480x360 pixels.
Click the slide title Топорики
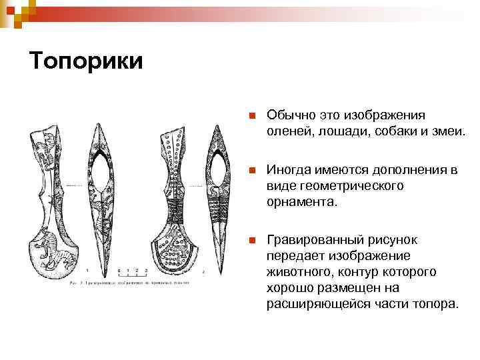(86, 61)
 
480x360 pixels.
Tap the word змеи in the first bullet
(444, 131)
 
